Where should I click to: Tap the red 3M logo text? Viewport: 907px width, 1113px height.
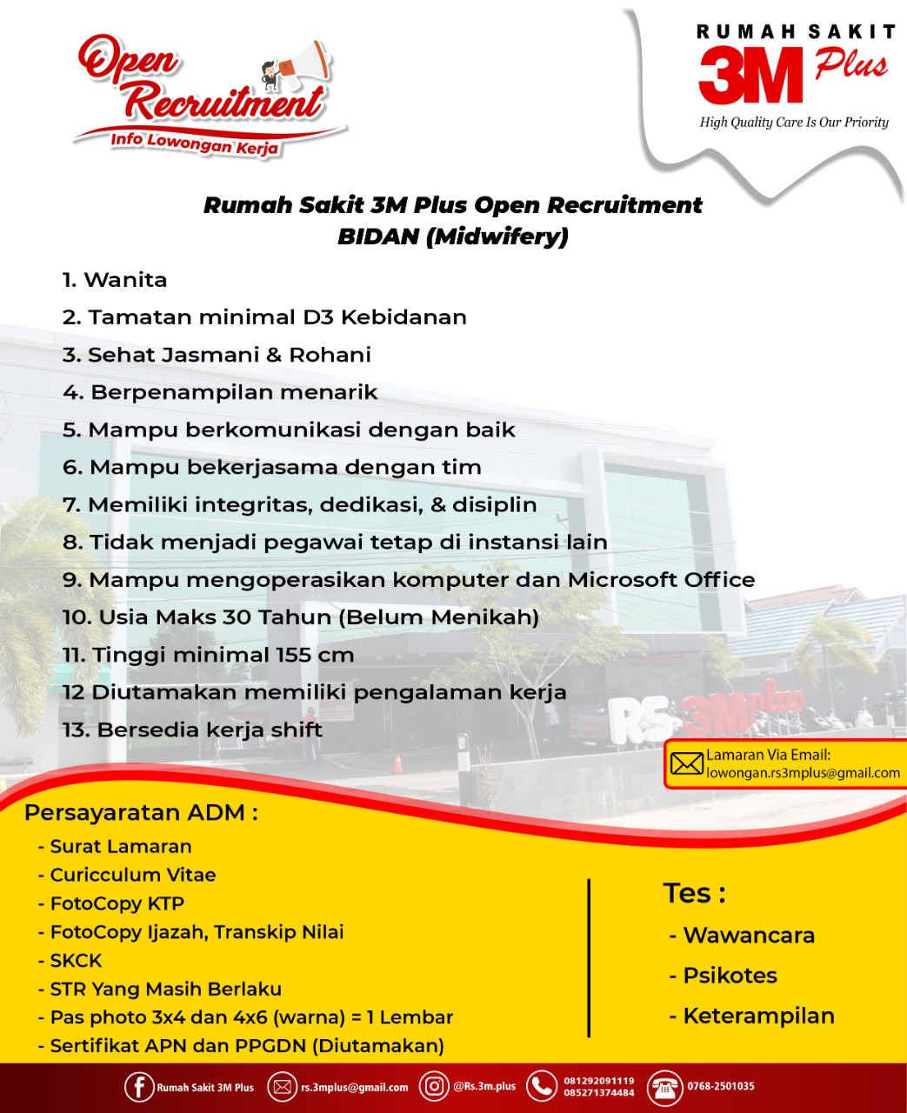pos(750,76)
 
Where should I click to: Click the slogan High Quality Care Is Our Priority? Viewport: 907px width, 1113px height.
pos(794,122)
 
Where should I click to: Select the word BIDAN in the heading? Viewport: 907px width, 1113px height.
pos(377,236)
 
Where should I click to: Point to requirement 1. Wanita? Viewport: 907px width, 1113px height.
pos(115,280)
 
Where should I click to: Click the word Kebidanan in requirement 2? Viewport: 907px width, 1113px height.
pos(403,317)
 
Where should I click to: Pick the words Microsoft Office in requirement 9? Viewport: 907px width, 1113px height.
pos(661,580)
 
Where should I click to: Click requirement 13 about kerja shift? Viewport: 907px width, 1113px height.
pos(192,730)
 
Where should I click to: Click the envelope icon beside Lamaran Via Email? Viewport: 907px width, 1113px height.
pos(686,764)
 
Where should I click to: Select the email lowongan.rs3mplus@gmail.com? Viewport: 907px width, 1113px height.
pos(803,773)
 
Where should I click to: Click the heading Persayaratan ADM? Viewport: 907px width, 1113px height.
pos(141,813)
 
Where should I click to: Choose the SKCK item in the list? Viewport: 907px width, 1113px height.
pos(76,961)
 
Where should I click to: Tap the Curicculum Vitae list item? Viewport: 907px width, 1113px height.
pos(132,875)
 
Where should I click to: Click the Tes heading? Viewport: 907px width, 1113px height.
pos(694,893)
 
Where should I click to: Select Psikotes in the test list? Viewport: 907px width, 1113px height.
pos(730,976)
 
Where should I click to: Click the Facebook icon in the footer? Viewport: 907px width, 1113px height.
pos(139,1087)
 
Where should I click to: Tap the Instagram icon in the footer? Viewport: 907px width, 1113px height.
pos(434,1086)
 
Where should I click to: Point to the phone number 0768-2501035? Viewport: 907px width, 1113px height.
pos(721,1086)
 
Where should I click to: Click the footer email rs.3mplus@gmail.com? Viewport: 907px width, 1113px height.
pos(354,1087)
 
